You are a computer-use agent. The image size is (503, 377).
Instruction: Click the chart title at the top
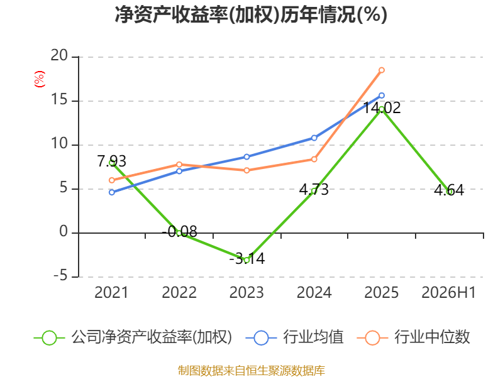(x=251, y=15)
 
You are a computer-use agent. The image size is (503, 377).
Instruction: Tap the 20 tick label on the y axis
(x=59, y=55)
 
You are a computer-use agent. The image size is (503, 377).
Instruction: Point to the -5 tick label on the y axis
(x=60, y=276)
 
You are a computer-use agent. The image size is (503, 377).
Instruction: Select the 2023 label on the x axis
(x=246, y=292)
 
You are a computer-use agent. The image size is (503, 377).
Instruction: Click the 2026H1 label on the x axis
(x=448, y=292)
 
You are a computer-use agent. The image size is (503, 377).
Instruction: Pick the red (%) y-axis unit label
(x=39, y=79)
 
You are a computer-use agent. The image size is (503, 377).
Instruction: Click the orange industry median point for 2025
(x=382, y=70)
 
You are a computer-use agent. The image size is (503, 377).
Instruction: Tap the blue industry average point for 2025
(x=382, y=96)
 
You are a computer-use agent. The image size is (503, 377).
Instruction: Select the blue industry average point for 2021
(x=112, y=192)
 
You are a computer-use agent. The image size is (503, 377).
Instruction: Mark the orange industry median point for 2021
(x=112, y=180)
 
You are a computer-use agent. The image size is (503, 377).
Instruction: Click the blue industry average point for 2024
(x=314, y=138)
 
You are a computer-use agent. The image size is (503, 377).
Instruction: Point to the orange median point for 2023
(x=246, y=170)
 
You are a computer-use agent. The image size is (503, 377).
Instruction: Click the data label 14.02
(x=382, y=107)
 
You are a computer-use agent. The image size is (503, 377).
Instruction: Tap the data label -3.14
(x=247, y=258)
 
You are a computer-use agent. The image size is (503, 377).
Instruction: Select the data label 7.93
(x=112, y=161)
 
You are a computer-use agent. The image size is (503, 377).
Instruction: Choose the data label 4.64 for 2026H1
(x=449, y=190)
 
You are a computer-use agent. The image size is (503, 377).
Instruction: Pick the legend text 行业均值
(x=313, y=337)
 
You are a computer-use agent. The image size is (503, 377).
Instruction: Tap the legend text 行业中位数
(x=432, y=337)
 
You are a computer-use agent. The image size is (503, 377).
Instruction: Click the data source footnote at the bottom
(x=251, y=370)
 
